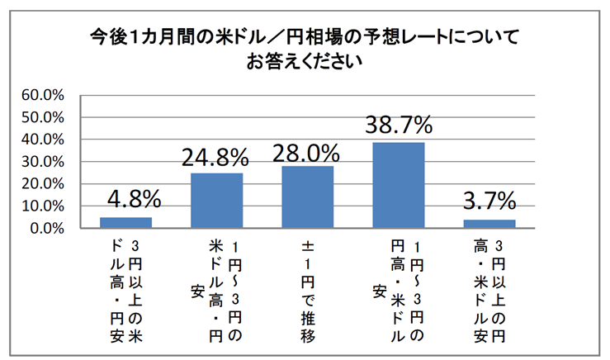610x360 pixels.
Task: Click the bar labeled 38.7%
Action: [x=399, y=186]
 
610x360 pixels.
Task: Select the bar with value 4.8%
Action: [x=125, y=223]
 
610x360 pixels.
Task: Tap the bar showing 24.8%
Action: [x=216, y=201]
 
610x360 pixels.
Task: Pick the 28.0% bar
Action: [x=308, y=197]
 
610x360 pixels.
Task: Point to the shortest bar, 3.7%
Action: [x=489, y=224]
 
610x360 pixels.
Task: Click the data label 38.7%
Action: [x=399, y=126]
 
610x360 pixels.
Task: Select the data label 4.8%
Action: [x=125, y=201]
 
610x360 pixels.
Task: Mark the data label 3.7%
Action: [x=489, y=202]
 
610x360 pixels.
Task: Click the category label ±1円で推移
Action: [x=308, y=289]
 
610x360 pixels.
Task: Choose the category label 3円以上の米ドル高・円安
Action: [x=125, y=289]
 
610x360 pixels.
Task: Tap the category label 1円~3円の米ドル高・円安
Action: [x=216, y=289]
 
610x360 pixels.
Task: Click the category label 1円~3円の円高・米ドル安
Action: [x=399, y=289]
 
